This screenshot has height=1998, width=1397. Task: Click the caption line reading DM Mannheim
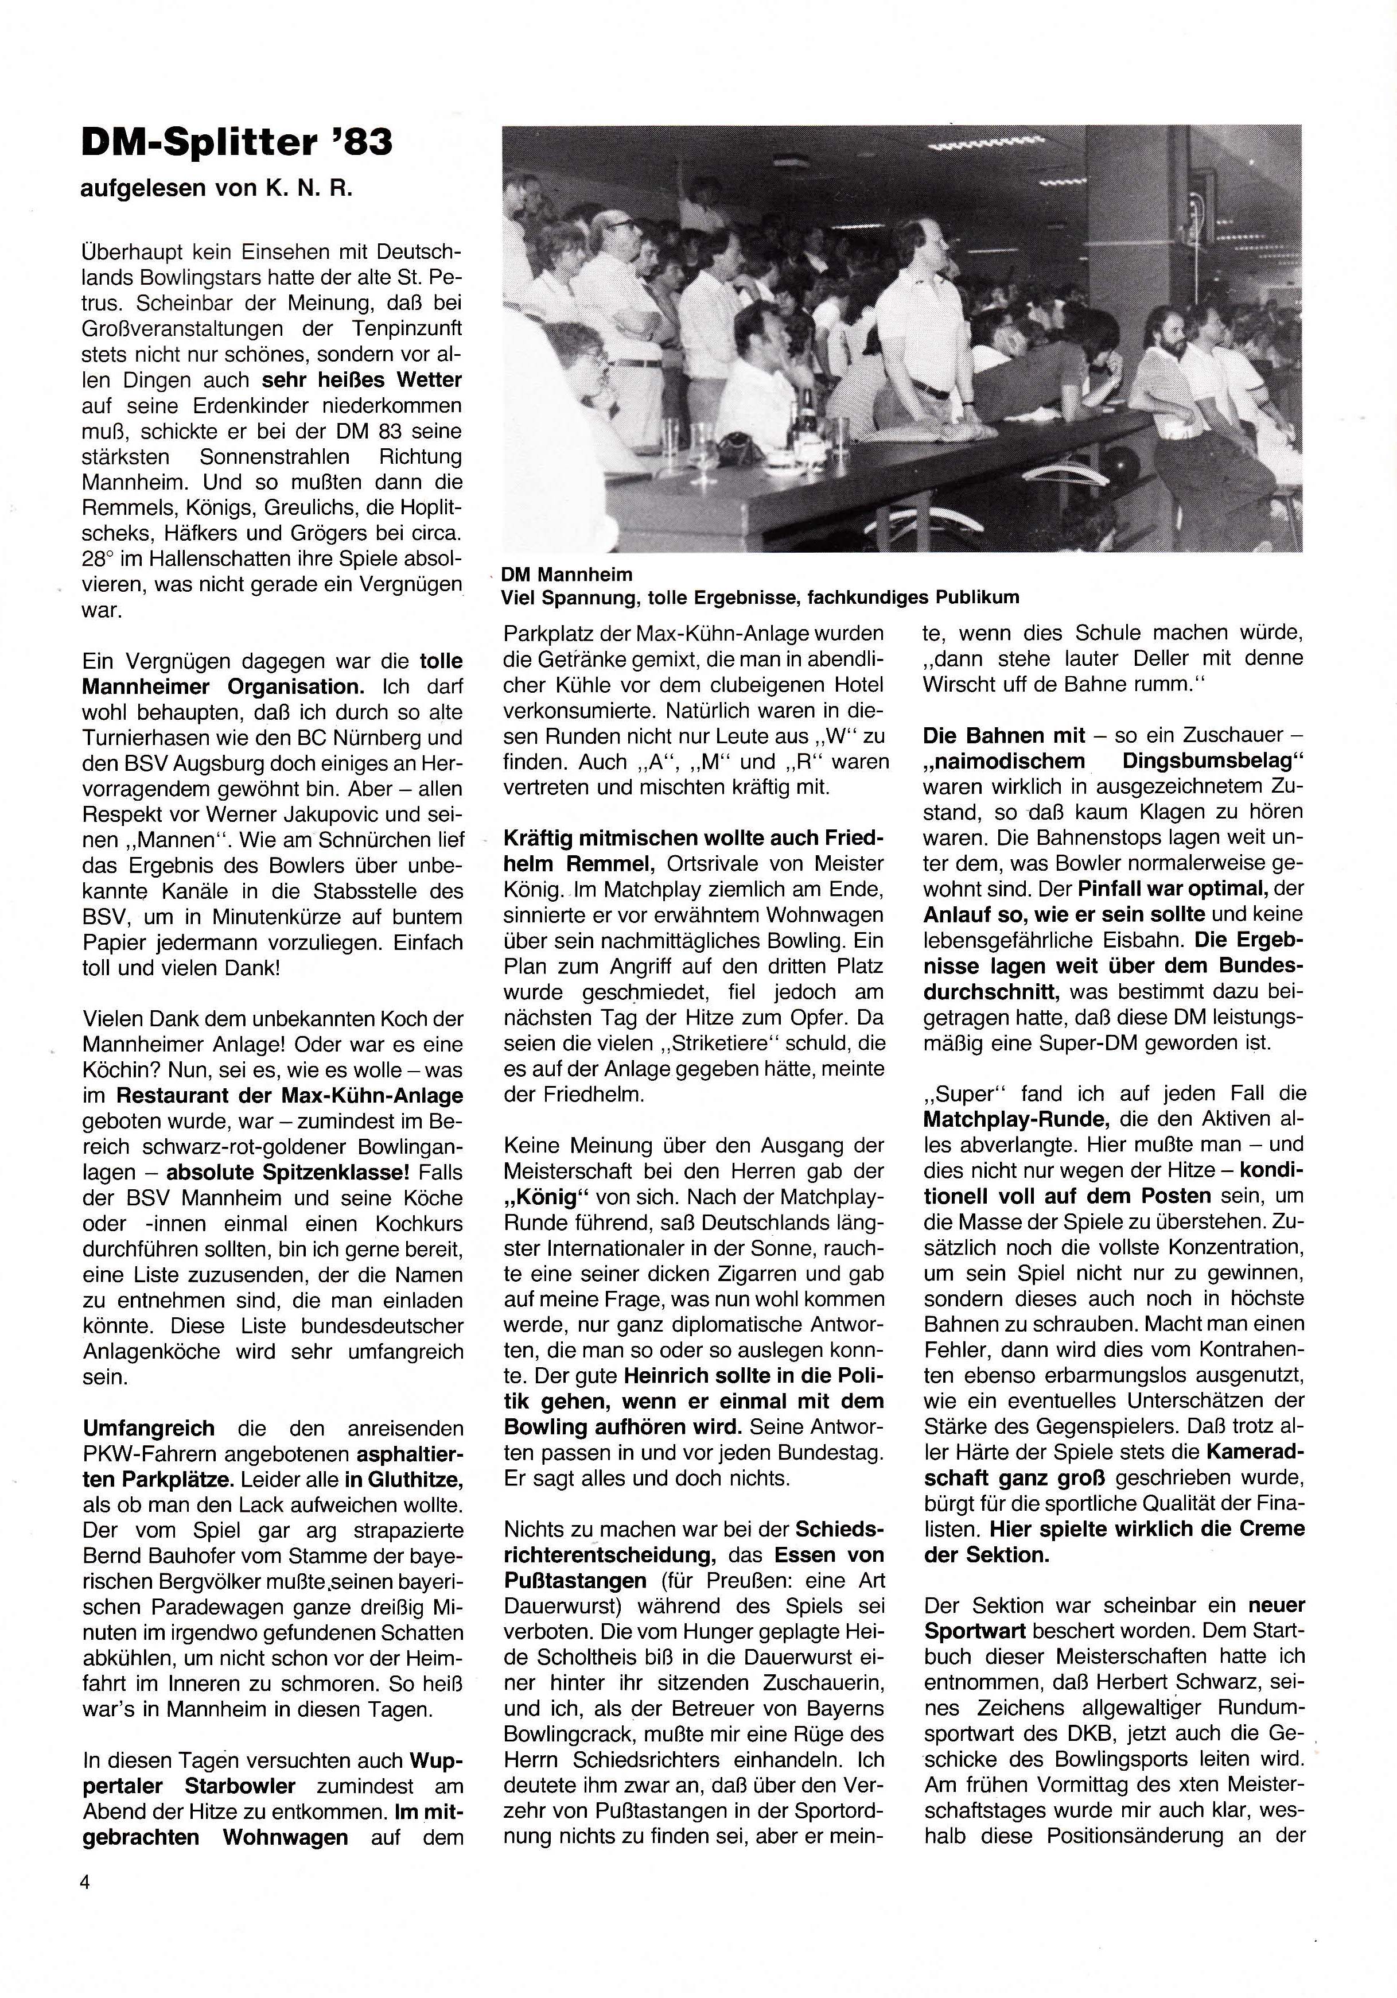point(566,575)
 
